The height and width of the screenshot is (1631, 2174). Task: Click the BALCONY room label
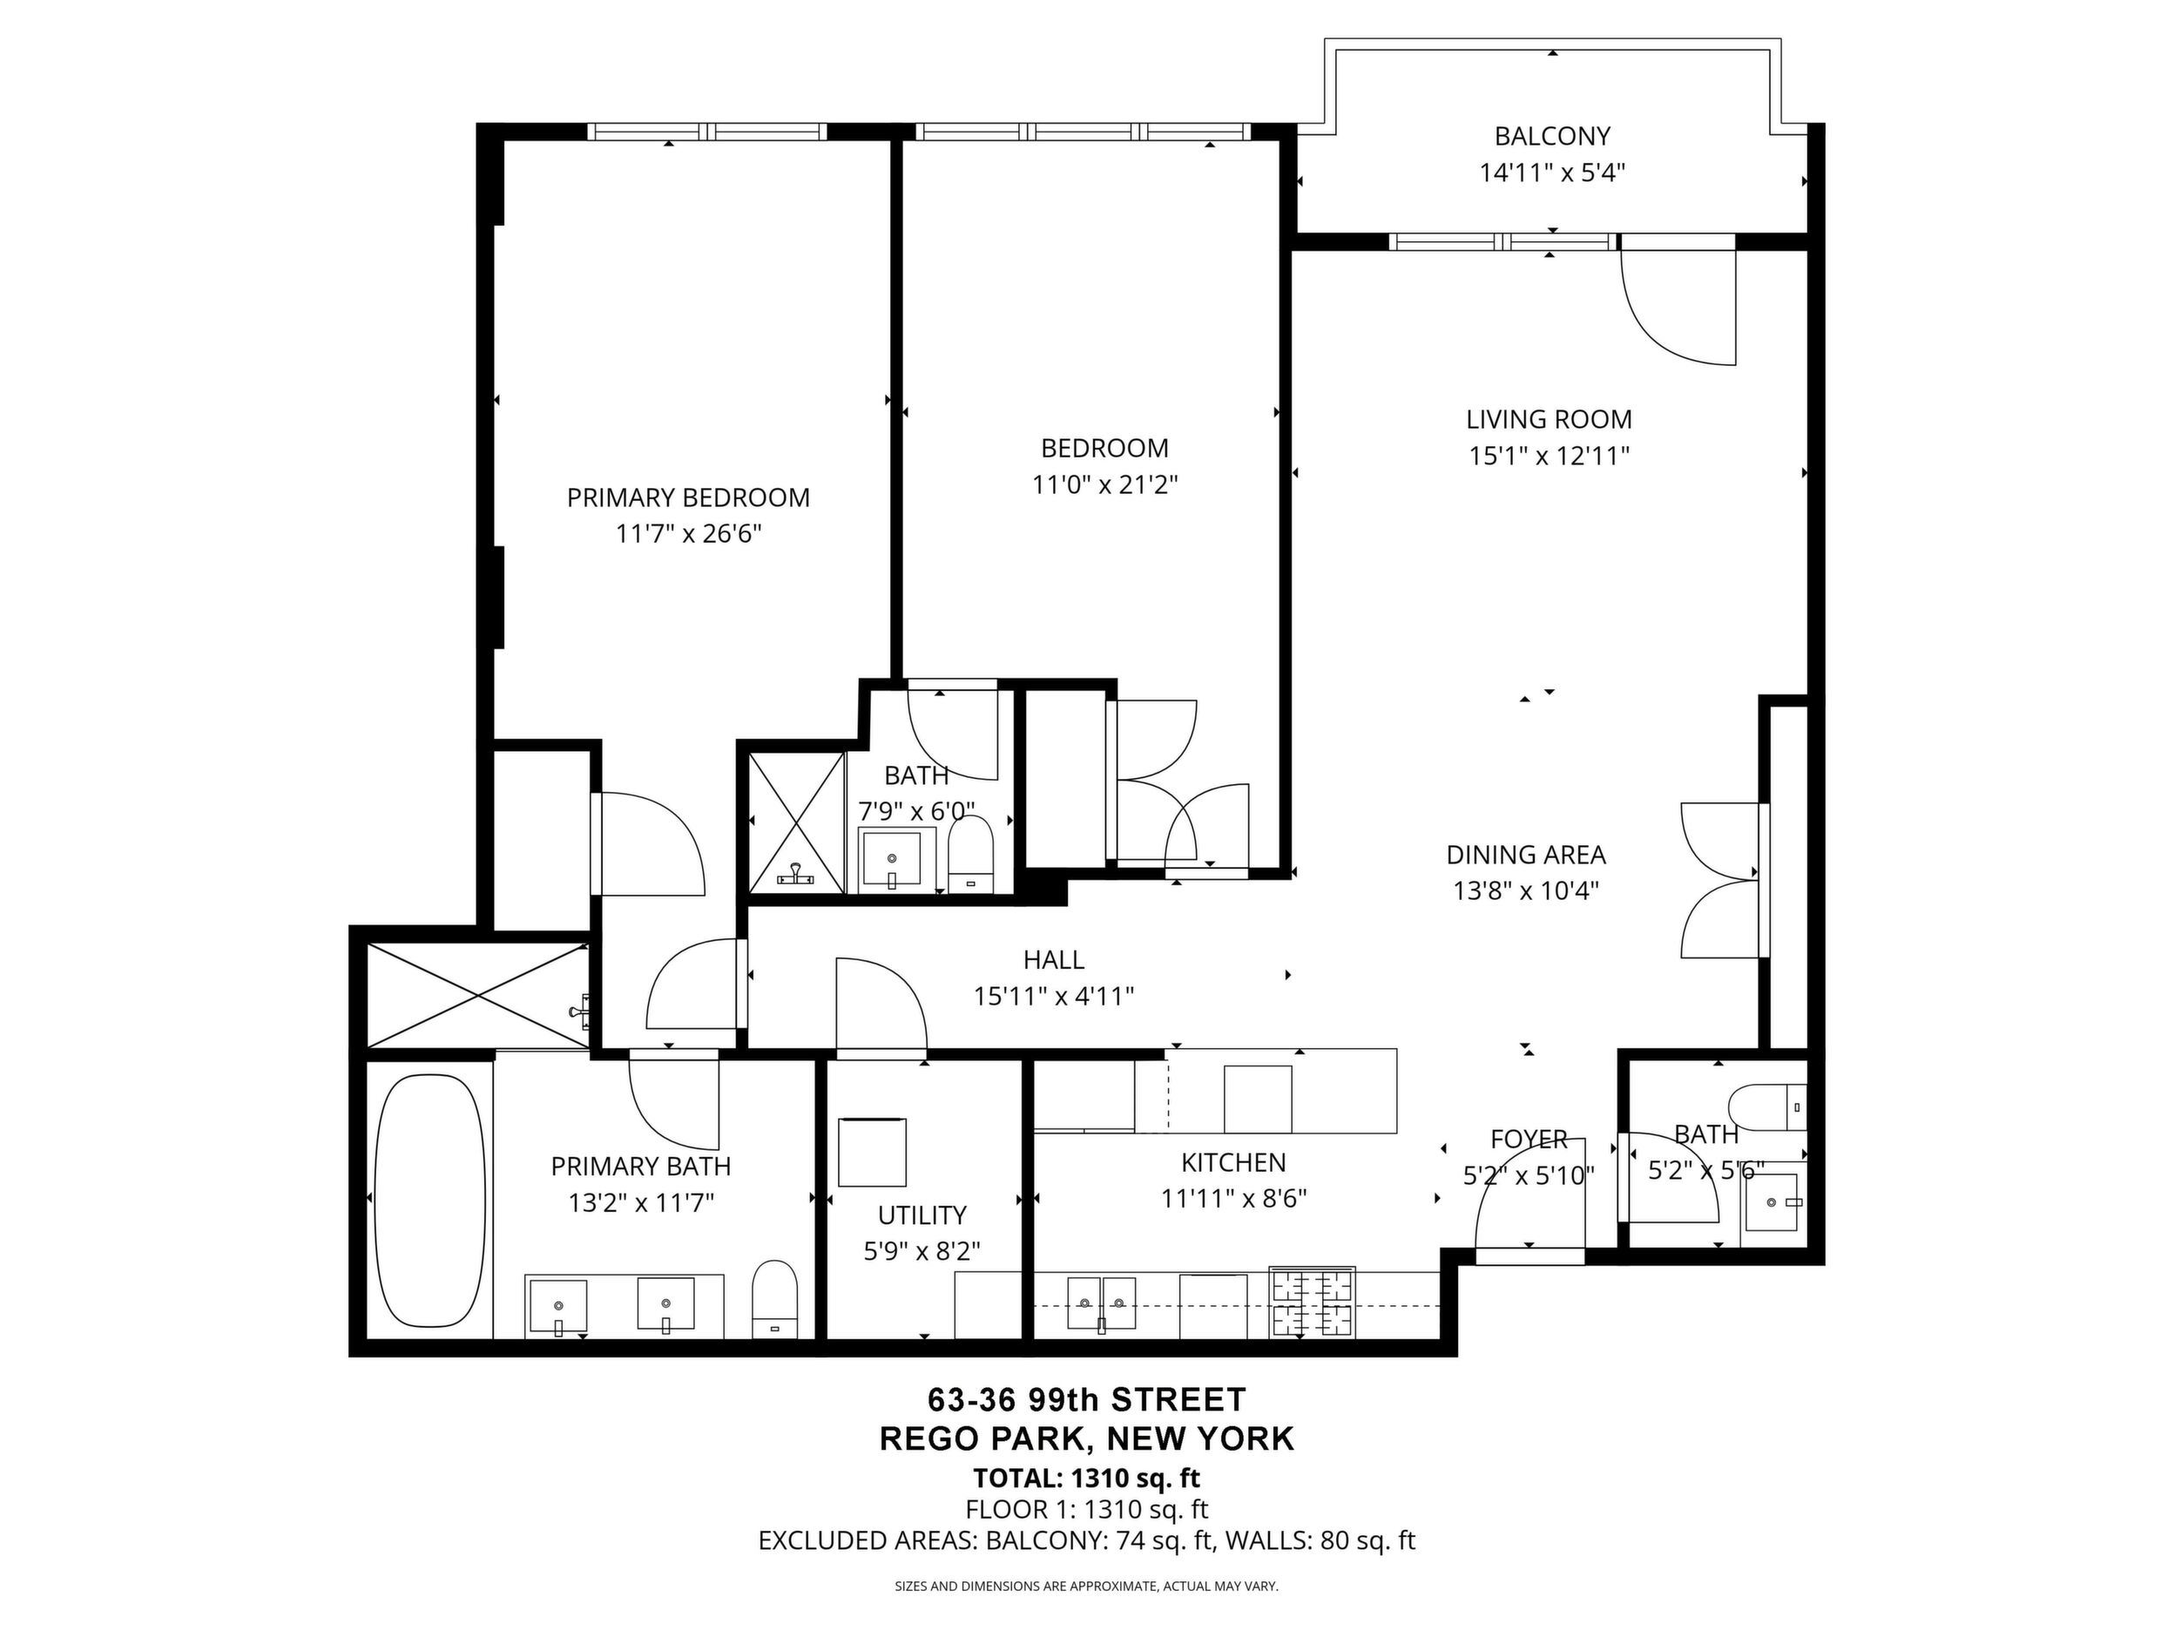click(x=1552, y=136)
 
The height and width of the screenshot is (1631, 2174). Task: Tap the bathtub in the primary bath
click(x=430, y=1201)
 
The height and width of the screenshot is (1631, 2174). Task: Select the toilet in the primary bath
click(x=774, y=1299)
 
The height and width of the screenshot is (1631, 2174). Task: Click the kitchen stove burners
click(x=1312, y=1303)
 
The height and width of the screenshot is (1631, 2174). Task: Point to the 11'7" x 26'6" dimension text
click(x=689, y=534)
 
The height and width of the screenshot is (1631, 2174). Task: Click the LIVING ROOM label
click(x=1549, y=420)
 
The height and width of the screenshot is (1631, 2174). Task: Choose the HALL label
click(x=1054, y=959)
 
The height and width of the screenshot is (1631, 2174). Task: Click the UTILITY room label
click(x=922, y=1215)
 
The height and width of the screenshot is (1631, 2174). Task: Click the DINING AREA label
click(x=1526, y=855)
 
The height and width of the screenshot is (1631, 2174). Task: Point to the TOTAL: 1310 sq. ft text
click(x=1086, y=1478)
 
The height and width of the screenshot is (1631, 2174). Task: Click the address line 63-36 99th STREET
click(x=1087, y=1398)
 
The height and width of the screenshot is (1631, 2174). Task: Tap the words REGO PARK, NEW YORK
click(x=1087, y=1438)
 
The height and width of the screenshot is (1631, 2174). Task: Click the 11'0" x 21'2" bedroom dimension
click(x=1104, y=484)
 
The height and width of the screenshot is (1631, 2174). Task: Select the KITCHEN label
click(x=1233, y=1163)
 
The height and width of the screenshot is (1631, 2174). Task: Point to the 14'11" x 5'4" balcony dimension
click(x=1553, y=173)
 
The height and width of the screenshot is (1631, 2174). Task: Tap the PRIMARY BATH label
click(x=641, y=1166)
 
